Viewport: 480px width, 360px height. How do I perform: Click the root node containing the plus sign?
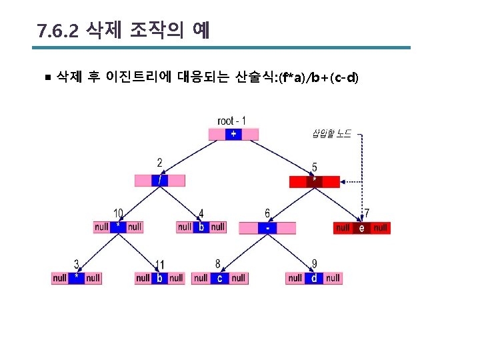233,134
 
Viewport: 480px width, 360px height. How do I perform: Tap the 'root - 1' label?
232,121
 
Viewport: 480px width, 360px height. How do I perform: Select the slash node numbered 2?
159,180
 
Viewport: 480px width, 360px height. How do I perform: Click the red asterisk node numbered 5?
314,181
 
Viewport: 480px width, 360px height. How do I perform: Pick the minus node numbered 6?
267,228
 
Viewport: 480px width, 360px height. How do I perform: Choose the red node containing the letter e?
361,228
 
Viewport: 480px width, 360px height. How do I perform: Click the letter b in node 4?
201,227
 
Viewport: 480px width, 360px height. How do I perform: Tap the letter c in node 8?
219,278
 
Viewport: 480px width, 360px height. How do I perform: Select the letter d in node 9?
314,278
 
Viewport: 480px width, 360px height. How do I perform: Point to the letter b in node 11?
159,278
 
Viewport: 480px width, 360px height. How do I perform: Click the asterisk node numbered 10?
118,227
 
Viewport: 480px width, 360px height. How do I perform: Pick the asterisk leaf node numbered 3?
77,277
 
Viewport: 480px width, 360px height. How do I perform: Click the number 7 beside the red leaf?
366,214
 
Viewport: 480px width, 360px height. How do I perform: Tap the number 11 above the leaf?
159,265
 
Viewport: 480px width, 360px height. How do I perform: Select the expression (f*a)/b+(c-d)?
319,78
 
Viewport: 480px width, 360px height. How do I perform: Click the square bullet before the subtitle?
46,78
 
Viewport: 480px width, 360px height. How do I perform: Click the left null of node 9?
295,278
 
